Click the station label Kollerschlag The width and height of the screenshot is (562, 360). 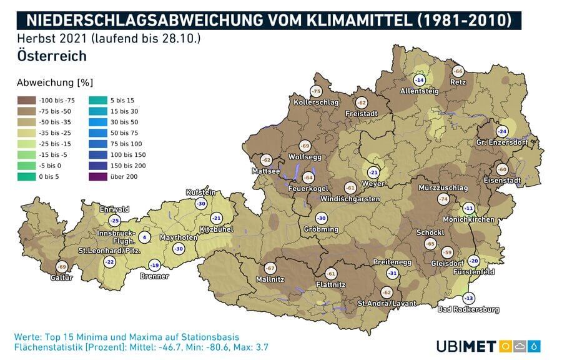(x=316, y=102)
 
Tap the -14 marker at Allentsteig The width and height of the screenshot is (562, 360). (x=420, y=80)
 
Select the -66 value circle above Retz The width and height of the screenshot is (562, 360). (x=458, y=71)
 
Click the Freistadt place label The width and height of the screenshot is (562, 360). (x=363, y=114)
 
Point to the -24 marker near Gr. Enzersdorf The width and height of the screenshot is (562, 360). (x=501, y=131)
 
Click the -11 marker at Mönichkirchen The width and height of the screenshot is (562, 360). (x=468, y=208)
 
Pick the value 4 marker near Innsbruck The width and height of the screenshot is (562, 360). (x=144, y=237)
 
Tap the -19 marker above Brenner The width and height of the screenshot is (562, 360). (x=155, y=265)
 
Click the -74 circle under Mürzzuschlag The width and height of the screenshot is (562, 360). (x=444, y=199)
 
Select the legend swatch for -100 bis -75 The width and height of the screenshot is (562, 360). (x=26, y=100)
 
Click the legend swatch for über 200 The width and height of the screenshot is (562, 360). (x=98, y=177)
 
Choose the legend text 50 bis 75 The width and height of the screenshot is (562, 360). (x=124, y=133)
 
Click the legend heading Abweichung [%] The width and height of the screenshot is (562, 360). (x=46, y=82)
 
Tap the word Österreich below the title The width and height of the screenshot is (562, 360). (x=52, y=56)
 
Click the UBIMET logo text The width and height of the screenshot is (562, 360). (x=466, y=346)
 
